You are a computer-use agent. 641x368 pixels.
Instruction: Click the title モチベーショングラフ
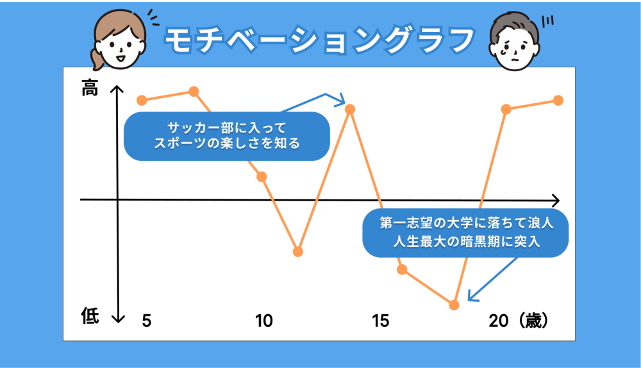click(x=319, y=40)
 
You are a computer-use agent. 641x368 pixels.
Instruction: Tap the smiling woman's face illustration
click(x=119, y=40)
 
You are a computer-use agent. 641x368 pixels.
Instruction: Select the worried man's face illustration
click(x=514, y=41)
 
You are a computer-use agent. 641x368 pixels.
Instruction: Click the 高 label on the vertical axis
click(x=90, y=88)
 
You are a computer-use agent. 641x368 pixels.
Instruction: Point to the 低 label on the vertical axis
click(x=90, y=316)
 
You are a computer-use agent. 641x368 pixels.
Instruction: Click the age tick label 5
click(x=147, y=321)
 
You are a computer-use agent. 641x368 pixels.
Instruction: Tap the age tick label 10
click(x=263, y=321)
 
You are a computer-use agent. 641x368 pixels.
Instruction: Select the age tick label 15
click(x=381, y=321)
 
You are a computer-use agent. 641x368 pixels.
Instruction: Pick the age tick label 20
click(x=499, y=321)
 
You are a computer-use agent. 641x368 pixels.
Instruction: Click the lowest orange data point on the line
click(x=454, y=305)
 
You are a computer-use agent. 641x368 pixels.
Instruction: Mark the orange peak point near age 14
click(x=349, y=109)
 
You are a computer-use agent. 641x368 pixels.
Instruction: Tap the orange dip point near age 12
click(x=298, y=251)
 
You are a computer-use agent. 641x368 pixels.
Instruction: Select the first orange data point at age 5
click(x=142, y=100)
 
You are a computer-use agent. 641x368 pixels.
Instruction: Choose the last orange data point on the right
click(x=558, y=100)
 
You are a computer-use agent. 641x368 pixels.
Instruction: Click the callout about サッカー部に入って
click(x=227, y=136)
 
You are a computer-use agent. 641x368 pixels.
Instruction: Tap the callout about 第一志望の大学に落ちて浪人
click(x=465, y=233)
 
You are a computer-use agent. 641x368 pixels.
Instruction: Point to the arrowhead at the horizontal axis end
click(x=556, y=201)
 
